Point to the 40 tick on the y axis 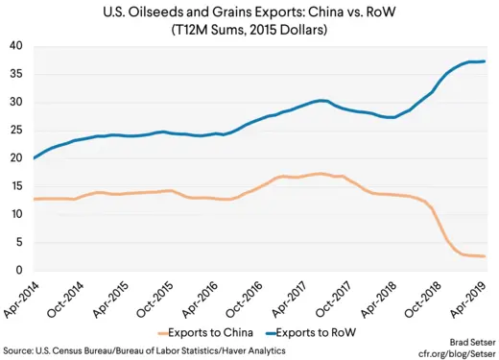click(x=16, y=46)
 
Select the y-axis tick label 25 click(x=16, y=131)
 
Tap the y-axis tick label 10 click(x=16, y=214)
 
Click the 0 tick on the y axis click(x=20, y=271)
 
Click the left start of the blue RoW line click(x=33, y=158)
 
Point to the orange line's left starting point click(x=33, y=199)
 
